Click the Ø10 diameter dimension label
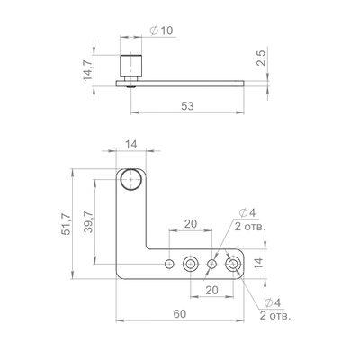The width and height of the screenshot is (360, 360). pyautogui.click(x=161, y=31)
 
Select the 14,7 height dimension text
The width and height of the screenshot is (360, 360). pyautogui.click(x=88, y=70)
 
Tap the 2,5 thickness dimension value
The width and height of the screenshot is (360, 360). pyautogui.click(x=261, y=58)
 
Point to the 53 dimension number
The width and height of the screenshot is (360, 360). pyautogui.click(x=187, y=106)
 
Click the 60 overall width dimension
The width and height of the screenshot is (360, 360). pyautogui.click(x=180, y=314)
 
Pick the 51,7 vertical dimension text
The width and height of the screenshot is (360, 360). pyautogui.click(x=66, y=224)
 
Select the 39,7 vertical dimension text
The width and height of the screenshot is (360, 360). pyautogui.click(x=88, y=221)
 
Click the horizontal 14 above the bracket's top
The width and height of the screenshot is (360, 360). pyautogui.click(x=131, y=145)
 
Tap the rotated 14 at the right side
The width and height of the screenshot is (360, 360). pyautogui.click(x=258, y=263)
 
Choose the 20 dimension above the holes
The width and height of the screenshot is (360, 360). pyautogui.click(x=191, y=224)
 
